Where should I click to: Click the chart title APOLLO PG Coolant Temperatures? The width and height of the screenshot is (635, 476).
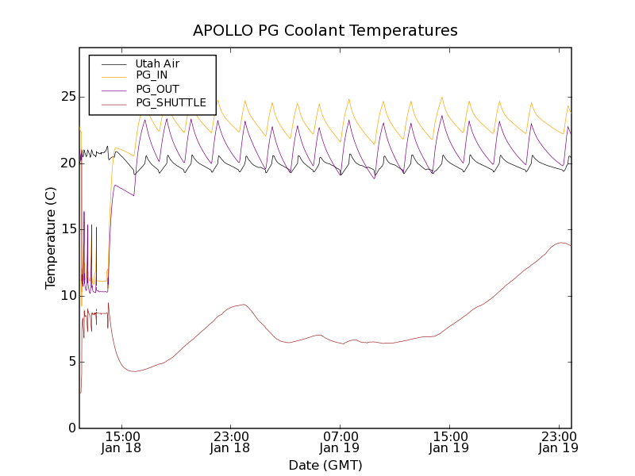(x=325, y=31)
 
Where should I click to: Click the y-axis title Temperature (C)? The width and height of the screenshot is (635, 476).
(x=51, y=238)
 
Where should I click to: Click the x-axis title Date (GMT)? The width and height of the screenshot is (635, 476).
(x=325, y=465)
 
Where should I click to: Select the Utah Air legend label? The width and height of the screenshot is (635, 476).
(x=157, y=63)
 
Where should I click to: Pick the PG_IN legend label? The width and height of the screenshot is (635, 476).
(x=152, y=75)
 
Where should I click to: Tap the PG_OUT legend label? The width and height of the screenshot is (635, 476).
(x=157, y=89)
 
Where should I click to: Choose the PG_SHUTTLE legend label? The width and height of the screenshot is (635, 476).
(x=171, y=102)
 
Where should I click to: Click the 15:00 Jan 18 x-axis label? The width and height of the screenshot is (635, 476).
(x=122, y=442)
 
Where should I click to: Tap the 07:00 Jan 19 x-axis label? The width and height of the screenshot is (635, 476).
(x=341, y=442)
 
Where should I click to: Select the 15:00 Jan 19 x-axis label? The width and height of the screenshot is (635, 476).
(x=449, y=442)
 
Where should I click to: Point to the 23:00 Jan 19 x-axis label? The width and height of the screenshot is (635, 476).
(x=558, y=442)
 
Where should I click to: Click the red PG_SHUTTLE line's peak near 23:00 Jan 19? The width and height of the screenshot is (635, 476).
(x=561, y=243)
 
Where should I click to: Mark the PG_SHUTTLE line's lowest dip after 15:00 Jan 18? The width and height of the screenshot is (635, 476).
(x=135, y=371)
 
